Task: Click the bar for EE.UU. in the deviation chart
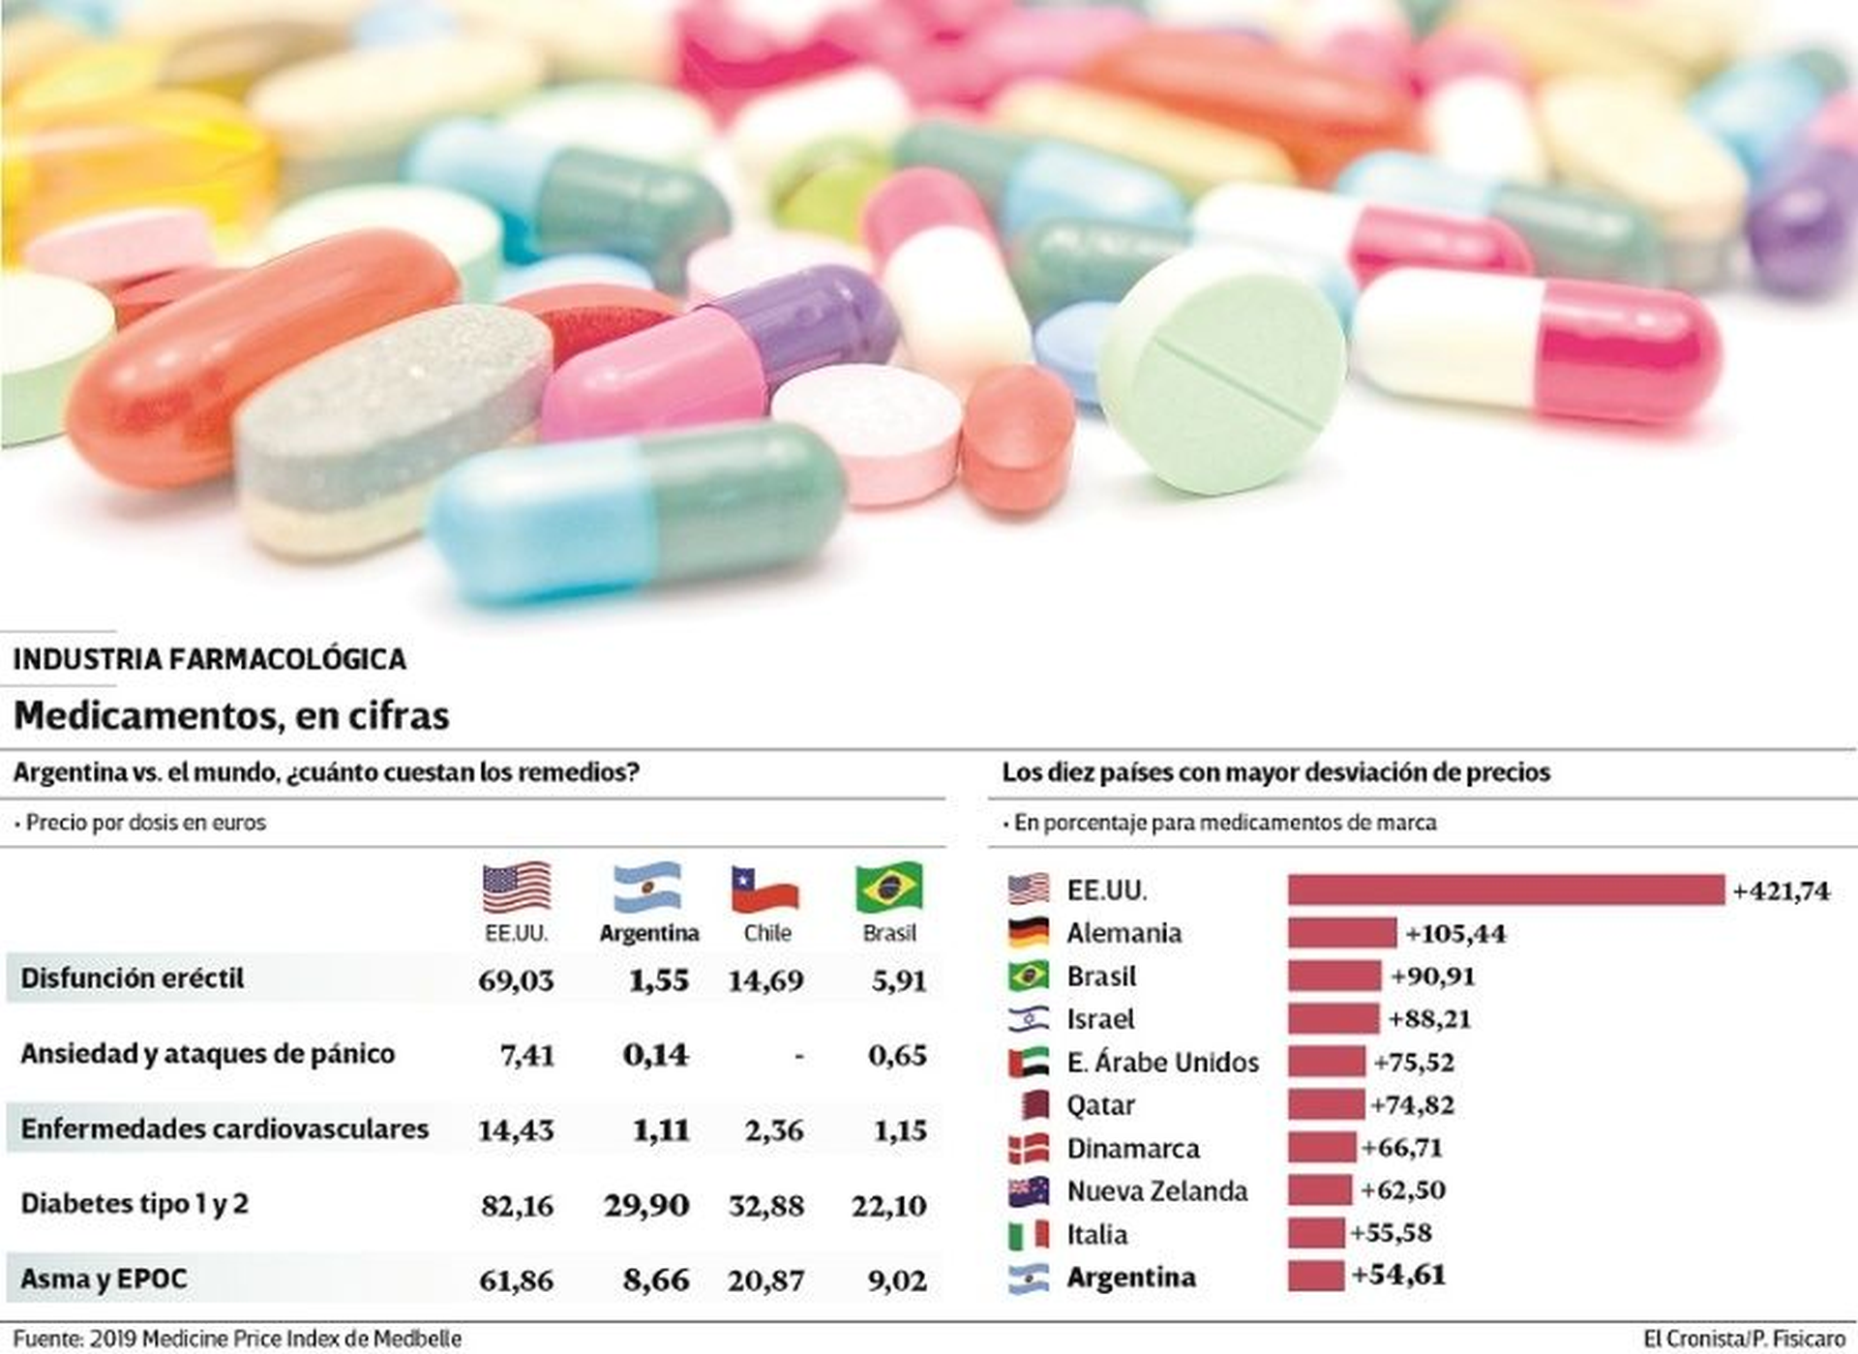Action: [1505, 889]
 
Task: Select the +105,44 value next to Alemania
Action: [1455, 934]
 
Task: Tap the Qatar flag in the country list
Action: [1031, 1104]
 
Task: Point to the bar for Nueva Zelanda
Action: [1319, 1190]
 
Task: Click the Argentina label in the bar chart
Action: [1130, 1278]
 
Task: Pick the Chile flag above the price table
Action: [764, 889]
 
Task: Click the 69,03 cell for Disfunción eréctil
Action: [516, 980]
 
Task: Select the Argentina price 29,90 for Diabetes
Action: [646, 1206]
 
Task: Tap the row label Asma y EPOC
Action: [104, 1279]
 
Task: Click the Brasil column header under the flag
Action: [888, 933]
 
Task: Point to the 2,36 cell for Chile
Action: [773, 1130]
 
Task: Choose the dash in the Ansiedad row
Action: [798, 1056]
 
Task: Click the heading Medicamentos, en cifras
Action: [231, 716]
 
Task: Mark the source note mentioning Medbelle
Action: [237, 1339]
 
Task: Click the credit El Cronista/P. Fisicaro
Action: [1743, 1339]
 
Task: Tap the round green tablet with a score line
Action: [1221, 368]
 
